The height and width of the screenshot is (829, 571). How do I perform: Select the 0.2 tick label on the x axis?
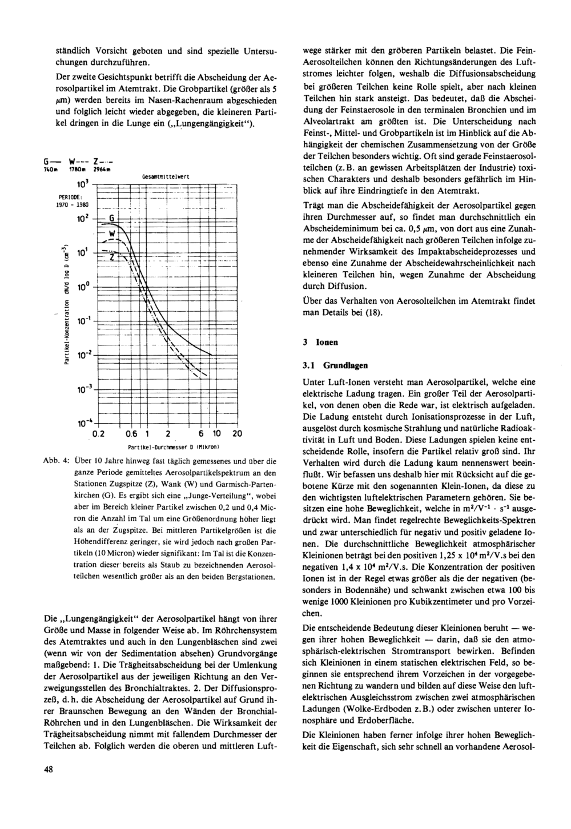(100, 434)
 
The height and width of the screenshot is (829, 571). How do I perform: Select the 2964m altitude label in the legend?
(100, 171)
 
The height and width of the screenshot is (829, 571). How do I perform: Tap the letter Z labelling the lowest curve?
(112, 257)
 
